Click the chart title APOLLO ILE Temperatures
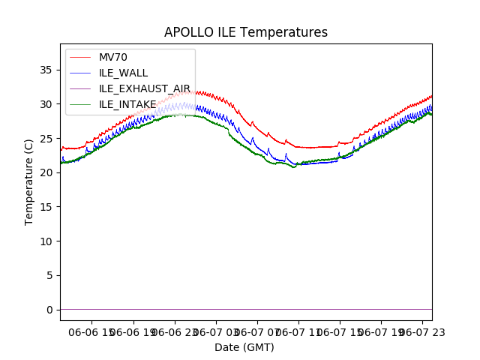pos(246,33)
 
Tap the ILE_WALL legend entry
pos(123,73)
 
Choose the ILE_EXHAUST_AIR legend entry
pos(145,88)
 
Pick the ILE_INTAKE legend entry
pos(127,104)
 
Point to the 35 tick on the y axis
pos(46,70)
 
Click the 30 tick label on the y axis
pos(46,104)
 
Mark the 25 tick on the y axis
pos(46,138)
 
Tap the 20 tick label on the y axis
pos(46,172)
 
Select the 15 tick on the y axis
pos(46,207)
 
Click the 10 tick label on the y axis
pos(46,241)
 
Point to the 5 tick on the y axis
pos(49,275)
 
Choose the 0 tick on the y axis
pos(49,310)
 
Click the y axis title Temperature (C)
pos(29,181)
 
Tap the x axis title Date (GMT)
pos(244,347)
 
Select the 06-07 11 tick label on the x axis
pos(298,331)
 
